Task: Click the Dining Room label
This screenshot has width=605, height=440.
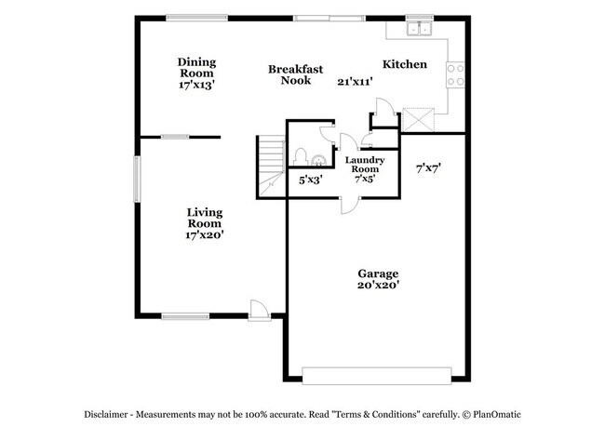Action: click(x=197, y=68)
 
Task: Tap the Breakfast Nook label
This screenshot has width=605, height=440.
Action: click(x=295, y=74)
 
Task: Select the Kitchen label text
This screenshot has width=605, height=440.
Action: click(x=405, y=64)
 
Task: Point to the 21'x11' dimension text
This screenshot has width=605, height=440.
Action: click(x=355, y=82)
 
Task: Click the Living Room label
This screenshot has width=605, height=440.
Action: click(x=204, y=218)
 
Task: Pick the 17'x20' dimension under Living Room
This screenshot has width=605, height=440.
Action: click(x=204, y=235)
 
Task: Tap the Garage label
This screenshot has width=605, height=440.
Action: click(x=378, y=273)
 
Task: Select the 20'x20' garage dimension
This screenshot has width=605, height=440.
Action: click(x=378, y=286)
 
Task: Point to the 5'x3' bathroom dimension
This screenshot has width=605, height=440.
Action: click(x=310, y=179)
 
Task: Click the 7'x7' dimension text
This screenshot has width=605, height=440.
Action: click(x=428, y=168)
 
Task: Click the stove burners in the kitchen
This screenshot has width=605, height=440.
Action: click(x=456, y=74)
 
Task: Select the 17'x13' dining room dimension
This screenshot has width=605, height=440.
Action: click(x=197, y=85)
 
